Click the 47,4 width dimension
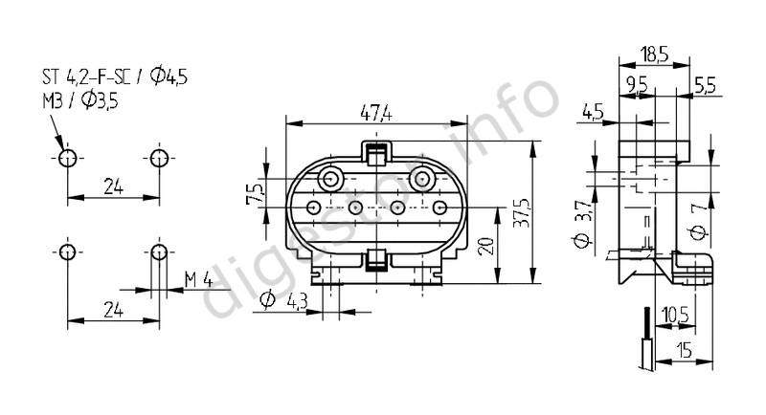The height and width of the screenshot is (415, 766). tap(376, 113)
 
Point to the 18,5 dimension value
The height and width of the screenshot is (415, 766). tap(655, 55)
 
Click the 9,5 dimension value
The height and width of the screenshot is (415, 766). tap(636, 85)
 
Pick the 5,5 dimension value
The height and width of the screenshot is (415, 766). tap(705, 86)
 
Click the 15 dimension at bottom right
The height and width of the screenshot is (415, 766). tap(685, 349)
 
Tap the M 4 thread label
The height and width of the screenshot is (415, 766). tap(199, 280)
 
